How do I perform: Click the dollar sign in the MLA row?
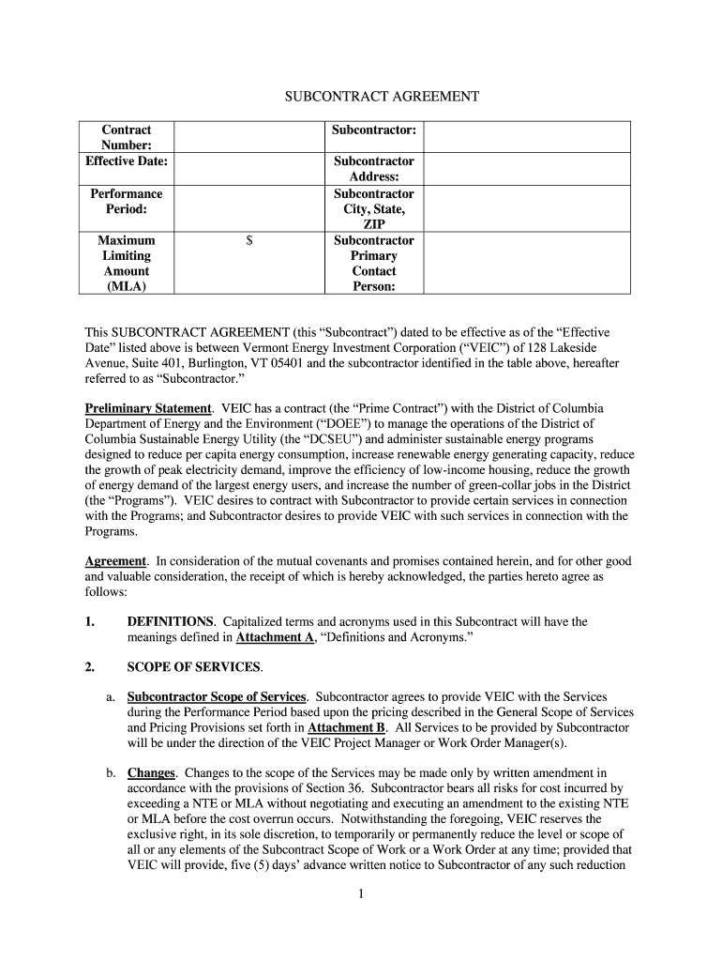[249, 241]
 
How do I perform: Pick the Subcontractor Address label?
[373, 169]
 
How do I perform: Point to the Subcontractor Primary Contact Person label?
[373, 264]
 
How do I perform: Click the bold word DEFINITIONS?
[171, 621]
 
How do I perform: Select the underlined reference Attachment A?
[275, 637]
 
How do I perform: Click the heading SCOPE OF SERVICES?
[194, 667]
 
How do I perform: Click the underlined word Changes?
[151, 773]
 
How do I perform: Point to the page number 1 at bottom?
[361, 893]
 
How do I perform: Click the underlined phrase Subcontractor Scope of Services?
[217, 696]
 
